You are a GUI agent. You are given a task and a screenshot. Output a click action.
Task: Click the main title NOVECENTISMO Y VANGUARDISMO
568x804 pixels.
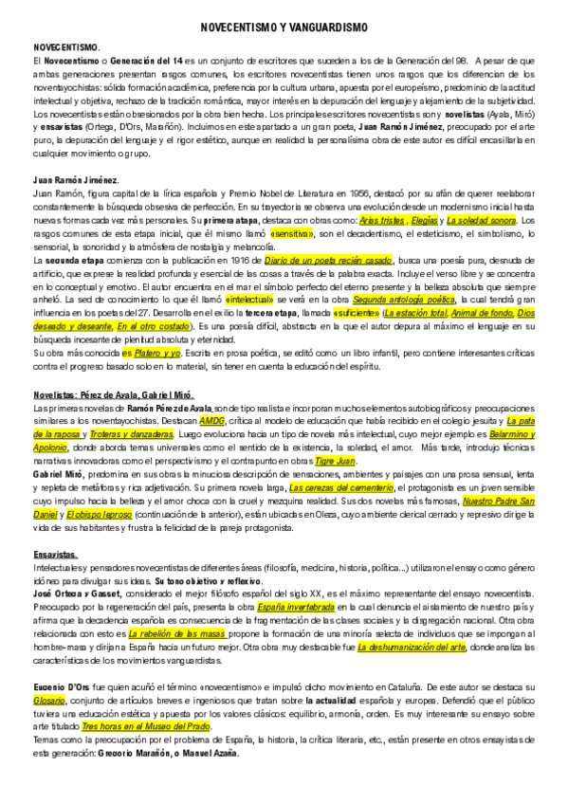point(284,29)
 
